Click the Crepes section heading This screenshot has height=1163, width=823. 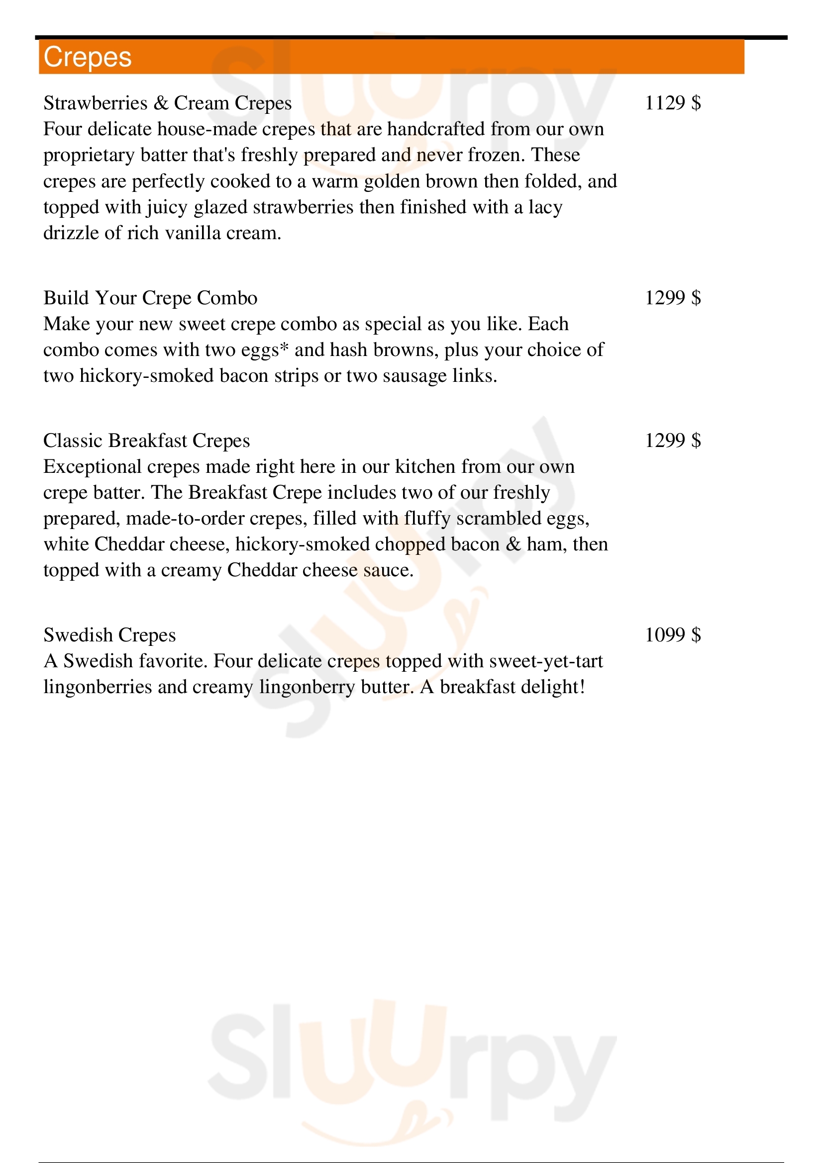point(88,57)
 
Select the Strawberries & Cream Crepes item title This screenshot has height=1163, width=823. point(167,103)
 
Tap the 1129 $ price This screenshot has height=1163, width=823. point(673,103)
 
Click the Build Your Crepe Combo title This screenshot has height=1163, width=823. point(150,298)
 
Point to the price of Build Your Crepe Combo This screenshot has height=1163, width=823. point(673,298)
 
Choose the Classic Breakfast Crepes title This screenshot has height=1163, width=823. point(146,441)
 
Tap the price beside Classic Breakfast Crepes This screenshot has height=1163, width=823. point(673,441)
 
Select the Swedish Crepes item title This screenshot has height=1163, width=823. point(109,635)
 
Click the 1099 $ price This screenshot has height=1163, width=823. point(673,635)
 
